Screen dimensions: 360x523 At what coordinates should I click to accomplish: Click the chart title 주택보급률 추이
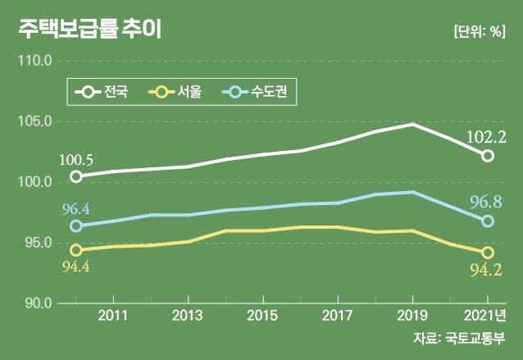(89, 30)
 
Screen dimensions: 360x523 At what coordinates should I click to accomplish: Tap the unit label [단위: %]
(480, 31)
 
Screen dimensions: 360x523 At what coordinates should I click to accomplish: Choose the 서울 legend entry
(173, 91)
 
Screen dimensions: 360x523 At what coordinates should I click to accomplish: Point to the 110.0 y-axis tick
(35, 61)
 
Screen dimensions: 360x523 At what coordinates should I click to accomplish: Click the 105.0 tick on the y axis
(35, 121)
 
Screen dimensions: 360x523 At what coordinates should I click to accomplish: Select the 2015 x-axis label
(261, 316)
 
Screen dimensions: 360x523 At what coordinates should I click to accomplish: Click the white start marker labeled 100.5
(76, 176)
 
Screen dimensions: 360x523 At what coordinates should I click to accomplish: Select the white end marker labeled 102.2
(488, 156)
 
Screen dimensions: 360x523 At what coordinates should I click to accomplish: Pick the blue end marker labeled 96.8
(488, 221)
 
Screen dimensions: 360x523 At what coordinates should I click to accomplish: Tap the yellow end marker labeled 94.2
(488, 253)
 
